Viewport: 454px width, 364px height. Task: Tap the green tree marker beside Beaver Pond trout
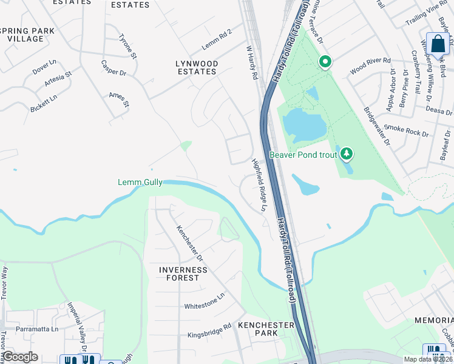pos(347,154)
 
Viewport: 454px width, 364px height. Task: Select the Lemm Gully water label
pos(140,182)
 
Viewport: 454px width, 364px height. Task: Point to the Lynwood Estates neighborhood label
pos(195,67)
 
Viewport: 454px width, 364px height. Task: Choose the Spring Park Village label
pos(28,35)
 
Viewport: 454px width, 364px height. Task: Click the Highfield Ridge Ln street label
pos(259,185)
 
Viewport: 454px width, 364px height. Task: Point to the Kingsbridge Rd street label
pos(209,330)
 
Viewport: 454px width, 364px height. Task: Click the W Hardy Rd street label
pos(252,62)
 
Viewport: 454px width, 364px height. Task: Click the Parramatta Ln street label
pos(38,329)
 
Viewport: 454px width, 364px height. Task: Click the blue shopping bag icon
pos(438,44)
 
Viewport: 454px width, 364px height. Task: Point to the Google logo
pos(20,357)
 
